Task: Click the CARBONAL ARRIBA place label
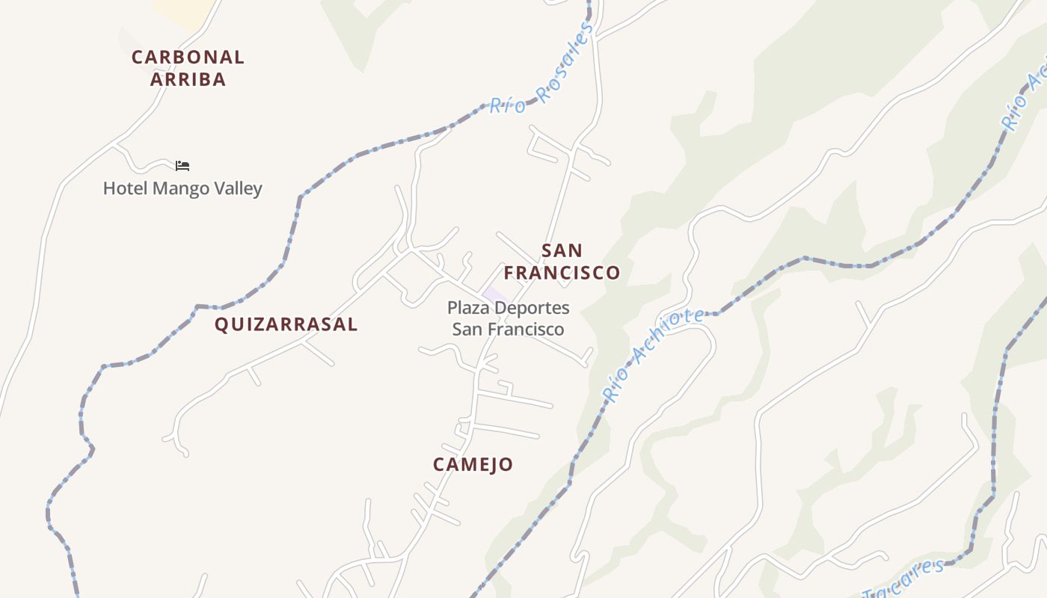[188, 68]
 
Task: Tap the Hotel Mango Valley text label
[182, 188]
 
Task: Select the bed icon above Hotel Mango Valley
[182, 165]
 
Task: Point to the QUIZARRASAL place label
[286, 324]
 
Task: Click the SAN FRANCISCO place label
[562, 262]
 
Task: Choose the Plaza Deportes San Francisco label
[508, 318]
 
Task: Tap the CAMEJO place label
[473, 464]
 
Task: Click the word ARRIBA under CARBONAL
[188, 79]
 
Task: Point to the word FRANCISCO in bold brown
[562, 273]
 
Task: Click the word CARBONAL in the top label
[188, 57]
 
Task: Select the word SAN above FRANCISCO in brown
[562, 250]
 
